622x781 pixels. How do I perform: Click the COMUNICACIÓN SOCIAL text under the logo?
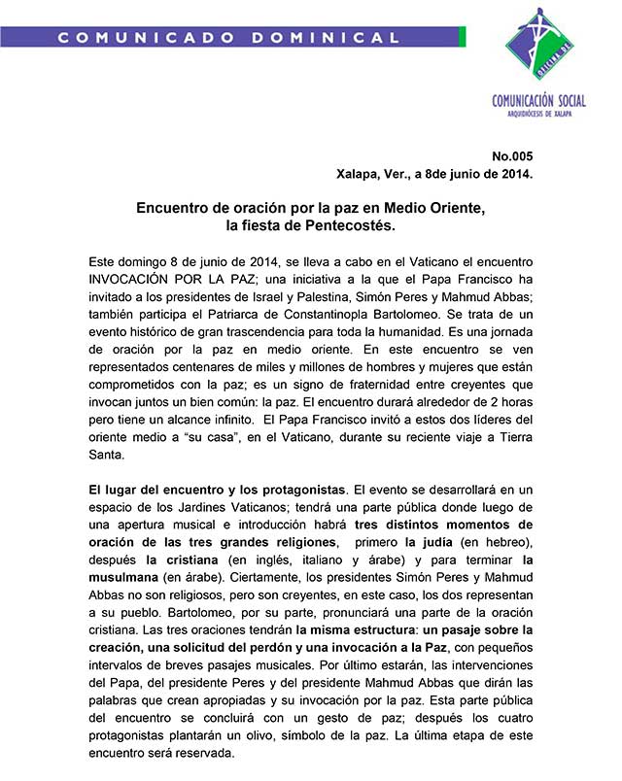tap(539, 100)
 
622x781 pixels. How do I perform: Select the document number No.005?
tap(512, 156)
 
